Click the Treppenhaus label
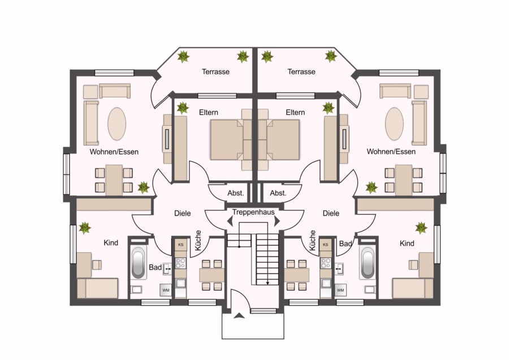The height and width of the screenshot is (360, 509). pos(253,212)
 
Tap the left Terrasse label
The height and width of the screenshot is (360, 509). pos(215,71)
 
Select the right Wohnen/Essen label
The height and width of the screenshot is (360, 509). pos(391,152)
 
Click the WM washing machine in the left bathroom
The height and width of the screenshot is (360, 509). pos(166,290)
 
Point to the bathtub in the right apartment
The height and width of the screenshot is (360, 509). pos(368,263)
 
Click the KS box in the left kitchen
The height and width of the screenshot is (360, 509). pos(180,245)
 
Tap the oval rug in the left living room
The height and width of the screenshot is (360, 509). pos(117,124)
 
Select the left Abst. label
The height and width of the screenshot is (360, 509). pos(235,193)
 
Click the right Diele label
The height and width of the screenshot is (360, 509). pos(331,213)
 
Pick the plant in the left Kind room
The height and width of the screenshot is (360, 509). pos(85,228)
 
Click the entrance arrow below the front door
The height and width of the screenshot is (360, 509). pos(239,315)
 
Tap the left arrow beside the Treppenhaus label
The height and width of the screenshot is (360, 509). pos(230,221)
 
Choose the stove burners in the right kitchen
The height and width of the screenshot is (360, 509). pos(325,263)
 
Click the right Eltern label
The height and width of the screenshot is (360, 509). pos(295,113)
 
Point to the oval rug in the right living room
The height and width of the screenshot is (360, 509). pos(394,124)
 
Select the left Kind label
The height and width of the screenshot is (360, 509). pos(111,243)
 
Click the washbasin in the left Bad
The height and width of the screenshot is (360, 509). pos(167,269)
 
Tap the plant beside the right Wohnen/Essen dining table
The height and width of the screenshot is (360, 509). pos(372,187)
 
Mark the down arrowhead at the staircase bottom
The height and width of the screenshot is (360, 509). pos(268,283)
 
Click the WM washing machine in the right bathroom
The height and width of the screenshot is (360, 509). pos(340,290)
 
